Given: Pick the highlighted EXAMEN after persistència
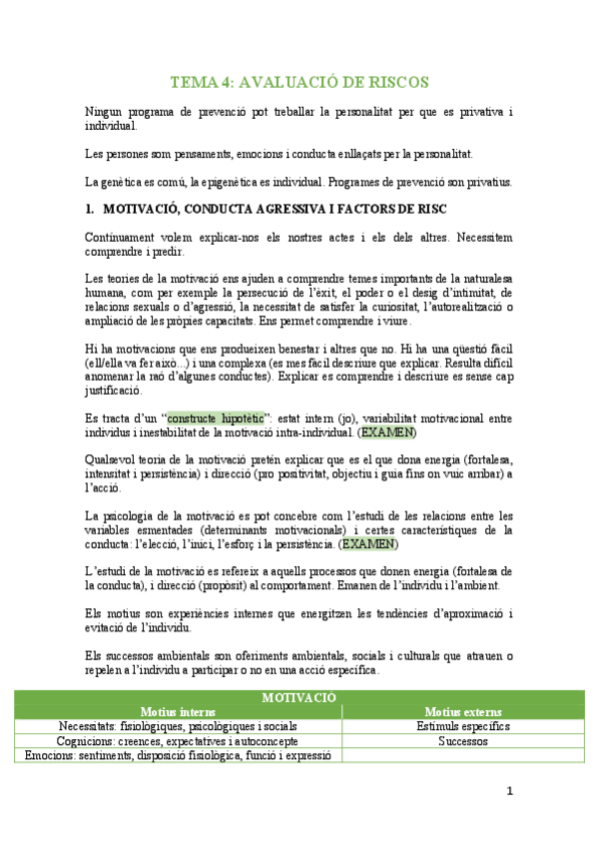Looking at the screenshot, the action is pyautogui.click(x=368, y=544).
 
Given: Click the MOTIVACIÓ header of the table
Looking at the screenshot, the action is pyautogui.click(x=299, y=696).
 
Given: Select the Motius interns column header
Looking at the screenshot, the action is pyautogui.click(x=178, y=711).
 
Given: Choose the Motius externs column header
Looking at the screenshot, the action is pyautogui.click(x=462, y=711).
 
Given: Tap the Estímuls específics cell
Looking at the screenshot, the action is pyautogui.click(x=462, y=726).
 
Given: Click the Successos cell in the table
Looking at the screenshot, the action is pyautogui.click(x=462, y=741).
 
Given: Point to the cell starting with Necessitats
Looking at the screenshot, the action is pyautogui.click(x=178, y=726).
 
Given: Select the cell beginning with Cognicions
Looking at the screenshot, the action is pyautogui.click(x=178, y=741).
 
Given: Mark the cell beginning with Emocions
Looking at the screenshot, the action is pyautogui.click(x=178, y=756).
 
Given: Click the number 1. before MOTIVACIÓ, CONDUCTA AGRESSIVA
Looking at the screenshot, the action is pyautogui.click(x=90, y=209).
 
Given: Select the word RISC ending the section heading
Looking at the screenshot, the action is pyautogui.click(x=430, y=209).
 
